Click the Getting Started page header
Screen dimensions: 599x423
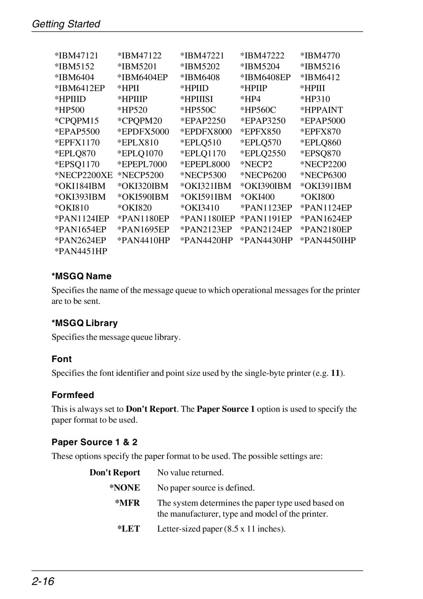(66, 24)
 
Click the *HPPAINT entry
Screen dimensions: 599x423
(322, 110)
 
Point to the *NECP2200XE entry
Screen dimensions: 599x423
(83, 175)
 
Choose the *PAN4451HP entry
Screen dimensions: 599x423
(81, 251)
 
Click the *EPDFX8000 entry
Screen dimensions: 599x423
(206, 132)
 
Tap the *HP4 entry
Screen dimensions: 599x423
(251, 99)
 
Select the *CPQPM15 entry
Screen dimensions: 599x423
(77, 121)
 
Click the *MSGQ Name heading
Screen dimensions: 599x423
(81, 276)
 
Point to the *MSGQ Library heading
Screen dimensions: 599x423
(85, 323)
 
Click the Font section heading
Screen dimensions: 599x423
(62, 359)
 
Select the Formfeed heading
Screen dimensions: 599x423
(73, 395)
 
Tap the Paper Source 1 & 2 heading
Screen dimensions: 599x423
(94, 442)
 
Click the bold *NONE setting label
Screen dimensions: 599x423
(125, 488)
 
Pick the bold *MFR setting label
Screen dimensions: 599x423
(127, 503)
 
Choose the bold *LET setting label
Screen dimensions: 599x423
(128, 529)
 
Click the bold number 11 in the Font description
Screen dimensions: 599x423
(335, 373)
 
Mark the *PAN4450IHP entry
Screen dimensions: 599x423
(328, 240)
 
